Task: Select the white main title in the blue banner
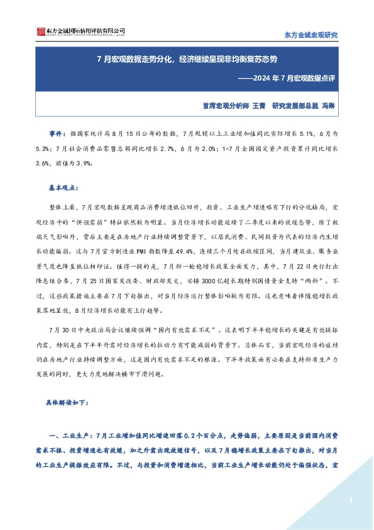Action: [x=187, y=60]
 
